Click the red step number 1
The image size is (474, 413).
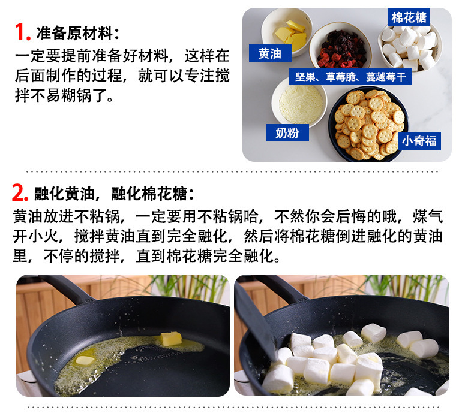pos(22,32)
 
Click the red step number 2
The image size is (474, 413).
pos(20,192)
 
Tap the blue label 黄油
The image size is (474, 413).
pos(270,53)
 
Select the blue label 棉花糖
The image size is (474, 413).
pos(409,17)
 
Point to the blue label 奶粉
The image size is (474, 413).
pos(287,133)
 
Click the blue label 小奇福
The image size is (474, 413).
pos(419,141)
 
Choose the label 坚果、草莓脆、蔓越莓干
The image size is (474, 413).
pos(350,77)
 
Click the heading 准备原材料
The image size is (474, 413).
pos(77,33)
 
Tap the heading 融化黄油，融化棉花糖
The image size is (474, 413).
pos(114,194)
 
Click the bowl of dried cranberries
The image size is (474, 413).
pos(341,47)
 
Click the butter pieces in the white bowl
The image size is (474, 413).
pos(290,35)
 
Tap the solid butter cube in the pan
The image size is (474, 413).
pos(171,339)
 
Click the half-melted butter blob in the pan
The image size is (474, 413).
pos(85,360)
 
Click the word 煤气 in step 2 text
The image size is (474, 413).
pos(428,216)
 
